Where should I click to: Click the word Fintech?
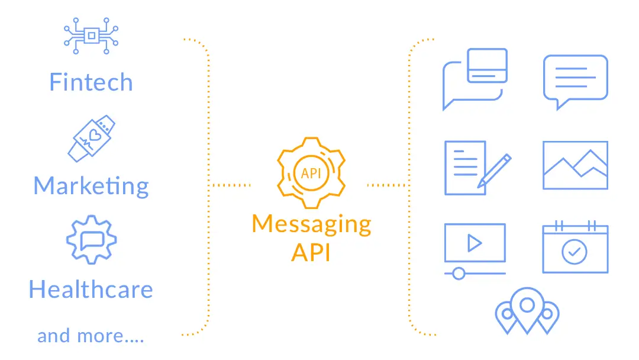click(91, 82)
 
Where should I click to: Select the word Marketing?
click(91, 186)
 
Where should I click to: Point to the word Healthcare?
click(91, 290)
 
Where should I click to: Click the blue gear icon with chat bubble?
click(91, 239)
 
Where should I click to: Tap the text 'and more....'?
click(91, 336)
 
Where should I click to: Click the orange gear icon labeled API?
click(311, 172)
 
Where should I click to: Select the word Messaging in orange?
click(311, 224)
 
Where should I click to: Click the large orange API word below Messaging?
click(311, 252)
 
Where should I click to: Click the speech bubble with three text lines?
click(575, 80)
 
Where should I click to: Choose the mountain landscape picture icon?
click(575, 165)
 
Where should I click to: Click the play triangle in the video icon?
click(473, 243)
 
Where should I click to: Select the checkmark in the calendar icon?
click(575, 252)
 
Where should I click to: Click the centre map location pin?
click(527, 308)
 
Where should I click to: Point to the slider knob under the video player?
click(457, 274)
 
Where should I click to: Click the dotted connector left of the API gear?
click(231, 185)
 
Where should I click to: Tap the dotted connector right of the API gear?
click(387, 185)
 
